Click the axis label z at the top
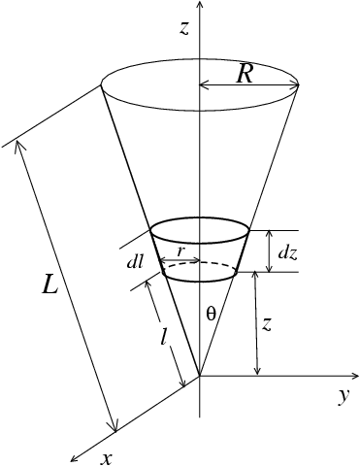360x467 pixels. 183,28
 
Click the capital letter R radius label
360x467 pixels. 245,73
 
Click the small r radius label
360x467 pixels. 180,250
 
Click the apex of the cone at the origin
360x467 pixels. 199,375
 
